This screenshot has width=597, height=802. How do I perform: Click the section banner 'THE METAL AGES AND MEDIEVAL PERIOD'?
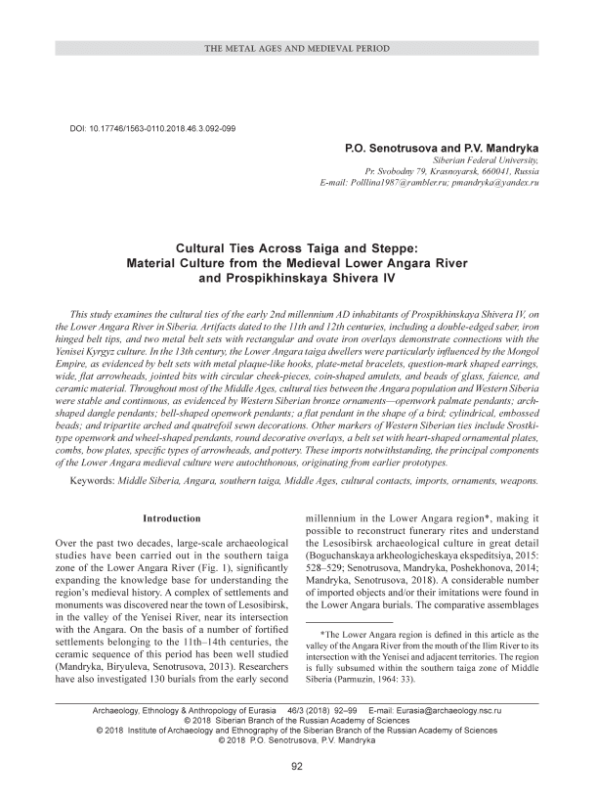298,48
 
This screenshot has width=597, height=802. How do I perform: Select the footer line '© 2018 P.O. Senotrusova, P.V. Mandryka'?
298,740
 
